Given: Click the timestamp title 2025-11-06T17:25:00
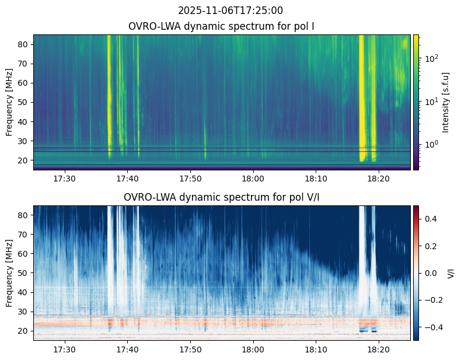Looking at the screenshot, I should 230,11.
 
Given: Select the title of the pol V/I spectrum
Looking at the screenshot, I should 222,197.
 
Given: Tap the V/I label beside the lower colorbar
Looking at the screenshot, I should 450,273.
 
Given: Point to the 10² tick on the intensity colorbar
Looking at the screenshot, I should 430,58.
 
